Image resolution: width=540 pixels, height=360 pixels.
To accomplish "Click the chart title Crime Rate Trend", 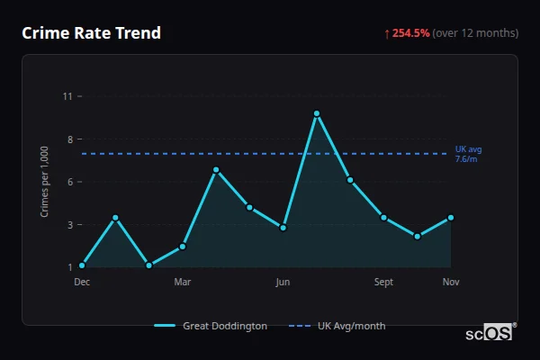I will click(x=91, y=33).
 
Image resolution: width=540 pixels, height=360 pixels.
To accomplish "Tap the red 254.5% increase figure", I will click(x=410, y=33).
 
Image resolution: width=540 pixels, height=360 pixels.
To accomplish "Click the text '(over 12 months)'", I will click(x=475, y=33).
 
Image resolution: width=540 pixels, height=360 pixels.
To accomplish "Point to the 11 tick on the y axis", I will click(x=67, y=96).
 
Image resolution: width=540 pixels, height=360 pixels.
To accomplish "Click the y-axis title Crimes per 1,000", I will click(x=44, y=182).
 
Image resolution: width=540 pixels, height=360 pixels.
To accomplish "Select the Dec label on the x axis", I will click(x=82, y=283).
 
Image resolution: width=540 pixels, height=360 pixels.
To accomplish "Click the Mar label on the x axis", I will click(x=183, y=283).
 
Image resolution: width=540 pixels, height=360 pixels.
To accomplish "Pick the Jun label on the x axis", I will click(x=283, y=283).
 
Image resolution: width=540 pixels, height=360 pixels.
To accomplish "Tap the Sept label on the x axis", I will click(x=383, y=283).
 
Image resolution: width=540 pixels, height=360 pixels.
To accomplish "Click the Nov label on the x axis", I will click(x=451, y=283).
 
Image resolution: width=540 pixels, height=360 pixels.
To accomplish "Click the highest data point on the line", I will click(x=317, y=113).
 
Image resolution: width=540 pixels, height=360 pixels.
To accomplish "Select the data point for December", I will click(x=82, y=265).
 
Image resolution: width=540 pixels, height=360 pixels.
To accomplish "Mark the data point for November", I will click(x=451, y=217).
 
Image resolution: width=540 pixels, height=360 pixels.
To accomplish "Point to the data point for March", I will click(x=183, y=246).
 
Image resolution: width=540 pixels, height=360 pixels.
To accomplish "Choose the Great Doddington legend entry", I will click(x=211, y=326).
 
